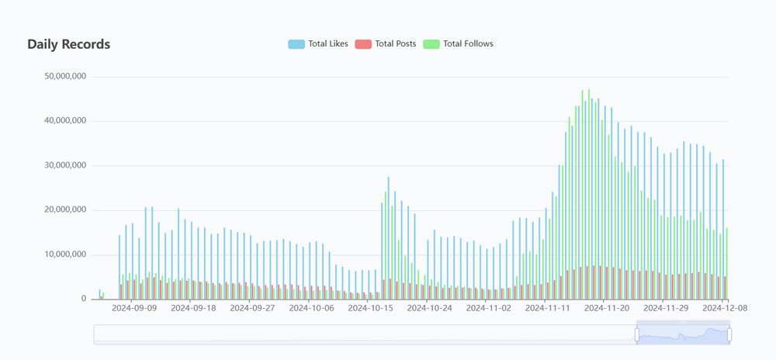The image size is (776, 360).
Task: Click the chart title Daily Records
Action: pyautogui.click(x=68, y=44)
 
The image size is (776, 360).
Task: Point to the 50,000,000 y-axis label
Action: pyautogui.click(x=65, y=77)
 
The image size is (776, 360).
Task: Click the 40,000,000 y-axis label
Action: pyautogui.click(x=65, y=121)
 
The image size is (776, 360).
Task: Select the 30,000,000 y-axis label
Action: pyautogui.click(x=65, y=166)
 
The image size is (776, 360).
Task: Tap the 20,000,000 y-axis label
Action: pyautogui.click(x=65, y=210)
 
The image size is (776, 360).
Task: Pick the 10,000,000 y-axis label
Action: pyautogui.click(x=65, y=254)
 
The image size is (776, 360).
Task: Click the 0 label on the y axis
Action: pyautogui.click(x=84, y=299)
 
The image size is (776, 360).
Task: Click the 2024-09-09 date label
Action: pyautogui.click(x=134, y=308)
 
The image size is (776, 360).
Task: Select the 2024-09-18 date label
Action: pyautogui.click(x=193, y=308)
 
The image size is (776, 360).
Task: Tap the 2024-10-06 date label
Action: pyautogui.click(x=311, y=308)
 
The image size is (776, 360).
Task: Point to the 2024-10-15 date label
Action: pyautogui.click(x=370, y=308)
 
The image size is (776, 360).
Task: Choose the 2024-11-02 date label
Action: pyautogui.click(x=489, y=308)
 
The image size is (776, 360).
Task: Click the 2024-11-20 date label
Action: pyautogui.click(x=607, y=308)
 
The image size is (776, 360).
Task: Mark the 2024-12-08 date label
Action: pyautogui.click(x=724, y=308)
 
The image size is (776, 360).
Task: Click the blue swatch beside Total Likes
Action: pyautogui.click(x=296, y=44)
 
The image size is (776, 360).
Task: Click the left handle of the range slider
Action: pyautogui.click(x=637, y=334)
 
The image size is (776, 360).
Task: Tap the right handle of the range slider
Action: pyautogui.click(x=729, y=334)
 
